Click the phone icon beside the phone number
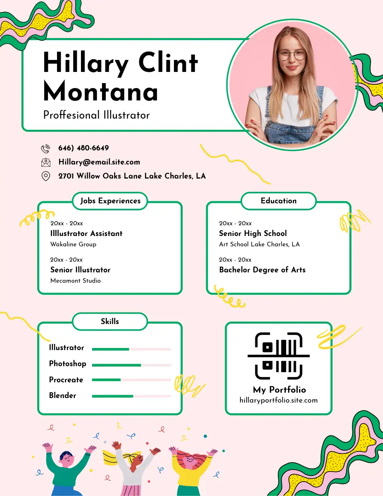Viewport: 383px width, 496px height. click(x=45, y=148)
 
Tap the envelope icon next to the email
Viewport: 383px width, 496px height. click(x=45, y=162)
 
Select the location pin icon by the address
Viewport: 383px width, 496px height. click(x=45, y=176)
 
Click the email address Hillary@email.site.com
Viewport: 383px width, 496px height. click(x=99, y=162)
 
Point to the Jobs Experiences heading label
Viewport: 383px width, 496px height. click(x=110, y=201)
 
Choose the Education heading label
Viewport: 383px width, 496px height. click(x=278, y=201)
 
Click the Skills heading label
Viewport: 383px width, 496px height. click(x=110, y=321)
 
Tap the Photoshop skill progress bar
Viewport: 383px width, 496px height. click(x=131, y=365)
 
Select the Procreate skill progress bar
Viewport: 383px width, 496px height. click(x=131, y=380)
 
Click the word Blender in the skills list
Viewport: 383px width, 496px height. click(x=63, y=396)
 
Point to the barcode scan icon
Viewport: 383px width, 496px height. click(x=279, y=356)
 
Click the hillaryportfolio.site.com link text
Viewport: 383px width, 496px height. click(x=278, y=400)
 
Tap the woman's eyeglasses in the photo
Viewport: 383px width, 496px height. click(x=292, y=55)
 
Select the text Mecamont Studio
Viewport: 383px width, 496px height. click(x=76, y=281)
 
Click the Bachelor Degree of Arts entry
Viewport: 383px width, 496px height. click(x=262, y=270)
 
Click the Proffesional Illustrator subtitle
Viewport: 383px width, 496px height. click(x=96, y=115)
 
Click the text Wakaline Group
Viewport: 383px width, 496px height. click(x=73, y=244)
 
